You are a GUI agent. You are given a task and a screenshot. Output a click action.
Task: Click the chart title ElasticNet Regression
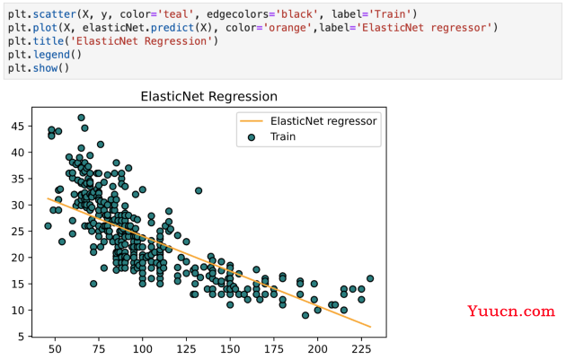(209, 97)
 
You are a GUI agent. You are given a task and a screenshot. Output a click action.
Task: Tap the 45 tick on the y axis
(18, 127)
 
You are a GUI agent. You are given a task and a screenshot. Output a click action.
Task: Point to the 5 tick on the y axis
(21, 337)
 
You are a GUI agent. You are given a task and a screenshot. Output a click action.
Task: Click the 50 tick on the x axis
(55, 349)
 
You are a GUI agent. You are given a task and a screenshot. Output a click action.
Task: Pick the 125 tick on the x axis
(186, 349)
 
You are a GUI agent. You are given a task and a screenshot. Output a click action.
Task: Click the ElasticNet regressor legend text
(323, 121)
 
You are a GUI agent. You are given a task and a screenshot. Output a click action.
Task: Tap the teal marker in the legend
(252, 137)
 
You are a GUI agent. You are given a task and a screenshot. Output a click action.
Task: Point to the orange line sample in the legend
(252, 121)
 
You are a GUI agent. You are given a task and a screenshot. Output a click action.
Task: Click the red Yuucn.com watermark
(511, 311)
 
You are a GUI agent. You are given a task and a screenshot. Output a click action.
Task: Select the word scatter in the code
(54, 14)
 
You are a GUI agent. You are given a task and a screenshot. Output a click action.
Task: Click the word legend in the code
(51, 55)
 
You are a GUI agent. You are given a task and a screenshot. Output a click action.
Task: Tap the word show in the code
(45, 68)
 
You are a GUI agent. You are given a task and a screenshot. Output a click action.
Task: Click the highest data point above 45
(81, 118)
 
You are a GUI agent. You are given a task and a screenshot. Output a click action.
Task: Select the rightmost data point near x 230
(370, 278)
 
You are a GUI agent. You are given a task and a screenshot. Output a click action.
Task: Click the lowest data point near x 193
(305, 315)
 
